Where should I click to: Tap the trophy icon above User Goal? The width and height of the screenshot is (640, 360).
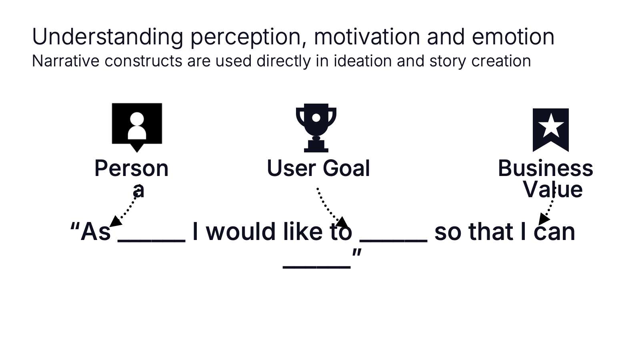(x=316, y=128)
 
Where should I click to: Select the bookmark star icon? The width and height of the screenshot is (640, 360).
(x=550, y=130)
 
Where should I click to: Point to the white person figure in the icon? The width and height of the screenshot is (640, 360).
(x=137, y=126)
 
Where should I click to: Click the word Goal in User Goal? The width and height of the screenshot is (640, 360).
(x=346, y=168)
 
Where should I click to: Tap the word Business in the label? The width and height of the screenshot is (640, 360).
(x=546, y=168)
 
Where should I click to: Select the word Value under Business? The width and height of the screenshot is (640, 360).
(x=552, y=190)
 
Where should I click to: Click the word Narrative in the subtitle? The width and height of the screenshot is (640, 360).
(x=66, y=61)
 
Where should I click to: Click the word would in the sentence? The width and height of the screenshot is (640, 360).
(x=241, y=232)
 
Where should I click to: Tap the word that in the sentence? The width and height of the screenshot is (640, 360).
(x=491, y=232)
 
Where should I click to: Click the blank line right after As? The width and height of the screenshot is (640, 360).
(x=152, y=241)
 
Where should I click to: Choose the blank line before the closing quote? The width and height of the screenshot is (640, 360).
(x=316, y=267)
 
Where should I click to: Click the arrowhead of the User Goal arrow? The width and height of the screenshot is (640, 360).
(x=342, y=222)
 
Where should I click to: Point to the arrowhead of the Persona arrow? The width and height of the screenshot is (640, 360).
(x=116, y=222)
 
